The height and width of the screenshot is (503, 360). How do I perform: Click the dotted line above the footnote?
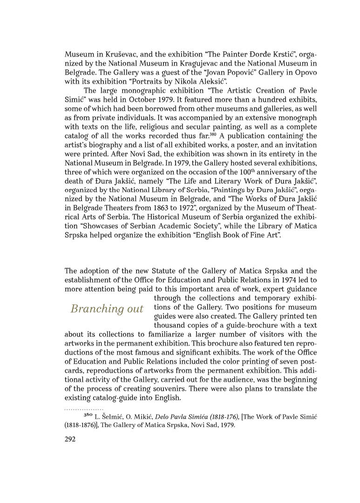click(84, 409)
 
